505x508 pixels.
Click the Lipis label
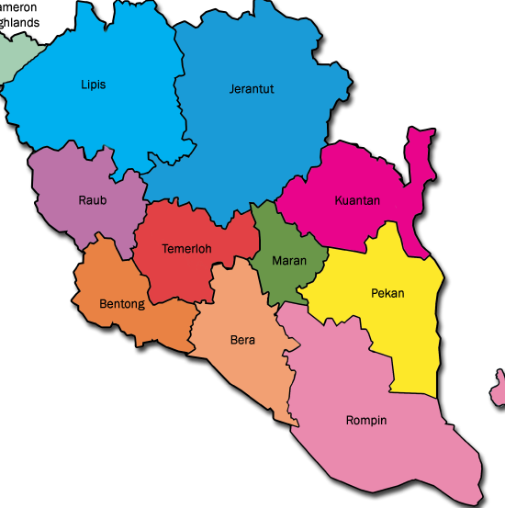(93, 85)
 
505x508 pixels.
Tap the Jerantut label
(252, 89)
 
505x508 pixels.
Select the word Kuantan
(357, 200)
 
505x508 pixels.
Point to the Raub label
(91, 200)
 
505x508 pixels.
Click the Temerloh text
(186, 249)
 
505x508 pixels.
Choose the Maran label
(288, 261)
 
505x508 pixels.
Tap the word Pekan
(387, 294)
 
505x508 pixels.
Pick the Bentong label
(122, 304)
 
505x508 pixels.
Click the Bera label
(242, 340)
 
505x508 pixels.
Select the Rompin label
(366, 421)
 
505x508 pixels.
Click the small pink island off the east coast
(499, 387)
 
